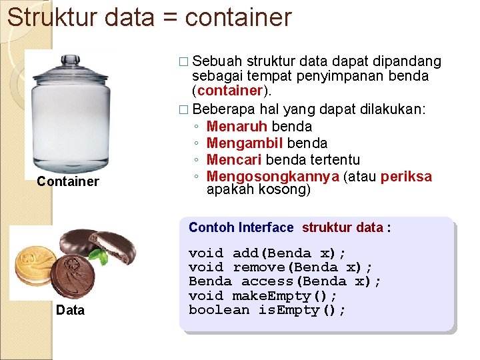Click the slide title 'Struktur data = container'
point(149,17)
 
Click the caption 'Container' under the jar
point(68,181)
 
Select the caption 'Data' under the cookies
point(71,310)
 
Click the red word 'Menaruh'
point(237,126)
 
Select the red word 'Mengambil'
point(245,143)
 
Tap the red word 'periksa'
point(407,177)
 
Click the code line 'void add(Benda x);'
point(267,253)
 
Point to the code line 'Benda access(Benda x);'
point(285,281)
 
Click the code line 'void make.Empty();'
point(263,295)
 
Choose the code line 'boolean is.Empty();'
point(267,310)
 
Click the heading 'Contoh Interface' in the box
point(241,227)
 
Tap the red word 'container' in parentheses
point(227,91)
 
